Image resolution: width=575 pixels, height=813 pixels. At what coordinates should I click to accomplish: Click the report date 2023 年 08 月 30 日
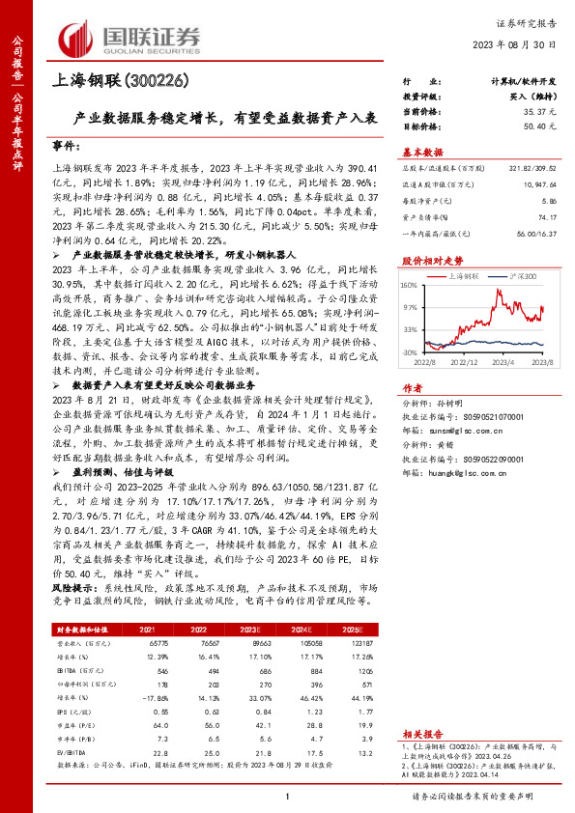(520, 44)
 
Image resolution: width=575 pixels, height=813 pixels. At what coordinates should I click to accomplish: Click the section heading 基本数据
(421, 153)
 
